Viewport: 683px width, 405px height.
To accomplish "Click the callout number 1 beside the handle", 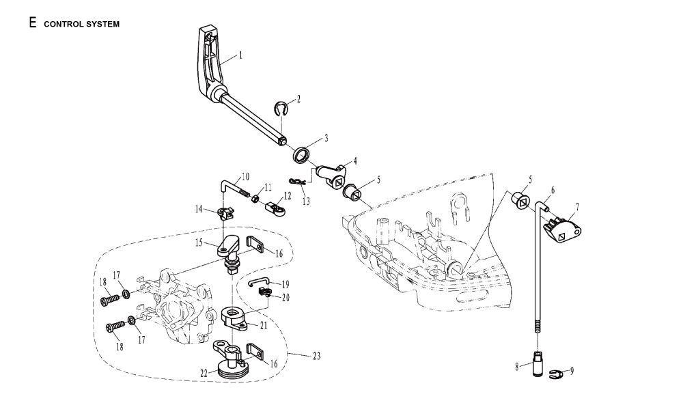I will pos(240,54).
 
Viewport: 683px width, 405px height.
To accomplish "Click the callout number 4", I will pos(354,161).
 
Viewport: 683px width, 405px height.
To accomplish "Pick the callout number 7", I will pos(577,206).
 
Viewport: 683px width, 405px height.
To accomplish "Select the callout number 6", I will pos(553,191).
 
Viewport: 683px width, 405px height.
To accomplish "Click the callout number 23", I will pos(316,356).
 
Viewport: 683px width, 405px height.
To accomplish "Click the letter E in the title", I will pos(32,23).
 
